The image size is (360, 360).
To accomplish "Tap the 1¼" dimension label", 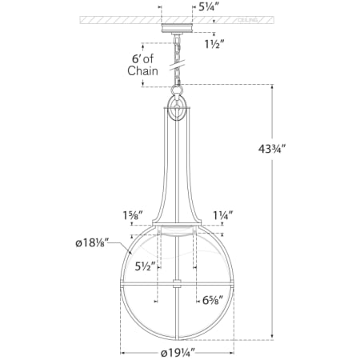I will pyautogui.click(x=222, y=214).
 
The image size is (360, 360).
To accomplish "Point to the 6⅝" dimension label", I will pyautogui.click(x=210, y=301).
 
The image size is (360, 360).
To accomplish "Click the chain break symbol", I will pyautogui.click(x=176, y=58).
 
